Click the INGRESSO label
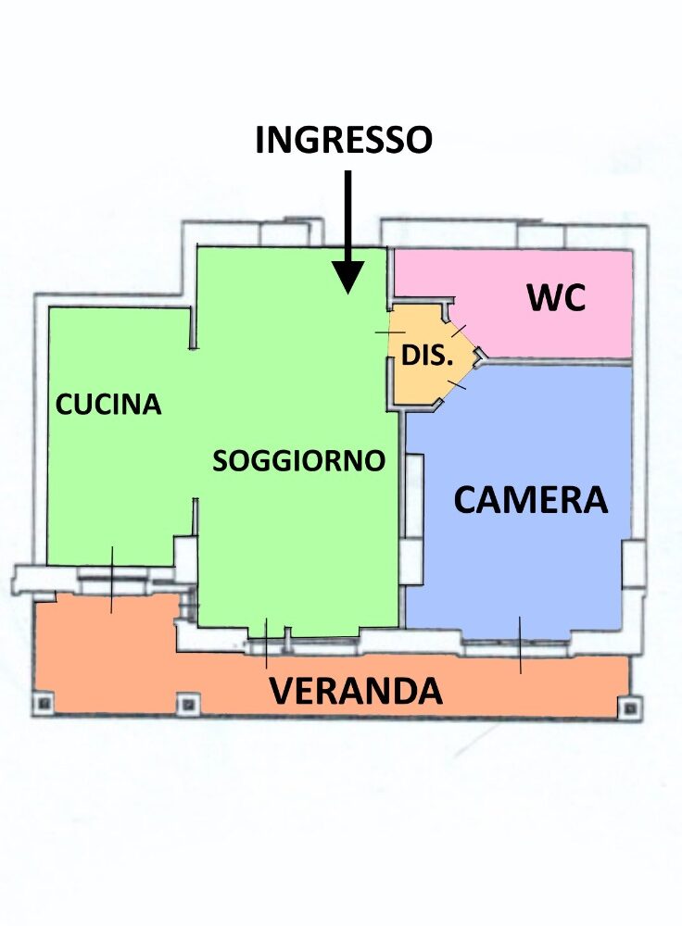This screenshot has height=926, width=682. click(x=344, y=140)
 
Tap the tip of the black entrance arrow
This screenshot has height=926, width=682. click(x=348, y=294)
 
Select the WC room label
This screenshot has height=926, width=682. click(x=556, y=297)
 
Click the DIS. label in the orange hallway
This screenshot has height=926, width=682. click(x=426, y=355)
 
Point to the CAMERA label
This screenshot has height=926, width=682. click(x=530, y=500)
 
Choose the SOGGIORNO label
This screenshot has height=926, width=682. click(x=298, y=460)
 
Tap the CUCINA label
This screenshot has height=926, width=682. click(x=108, y=405)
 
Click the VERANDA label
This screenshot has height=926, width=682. click(x=356, y=691)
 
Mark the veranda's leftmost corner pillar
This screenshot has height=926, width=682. click(x=44, y=703)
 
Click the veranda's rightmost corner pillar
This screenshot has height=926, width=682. click(x=631, y=707)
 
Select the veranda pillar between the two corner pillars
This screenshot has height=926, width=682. click(x=187, y=704)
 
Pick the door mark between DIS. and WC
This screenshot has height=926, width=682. click(x=460, y=331)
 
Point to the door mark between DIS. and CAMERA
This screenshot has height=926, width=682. click(x=457, y=384)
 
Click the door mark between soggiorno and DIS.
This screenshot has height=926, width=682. click(x=390, y=333)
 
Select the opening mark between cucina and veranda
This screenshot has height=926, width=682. click(x=112, y=580)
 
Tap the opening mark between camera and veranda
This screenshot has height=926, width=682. click(x=520, y=644)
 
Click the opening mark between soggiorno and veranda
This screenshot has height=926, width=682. click(x=266, y=644)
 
